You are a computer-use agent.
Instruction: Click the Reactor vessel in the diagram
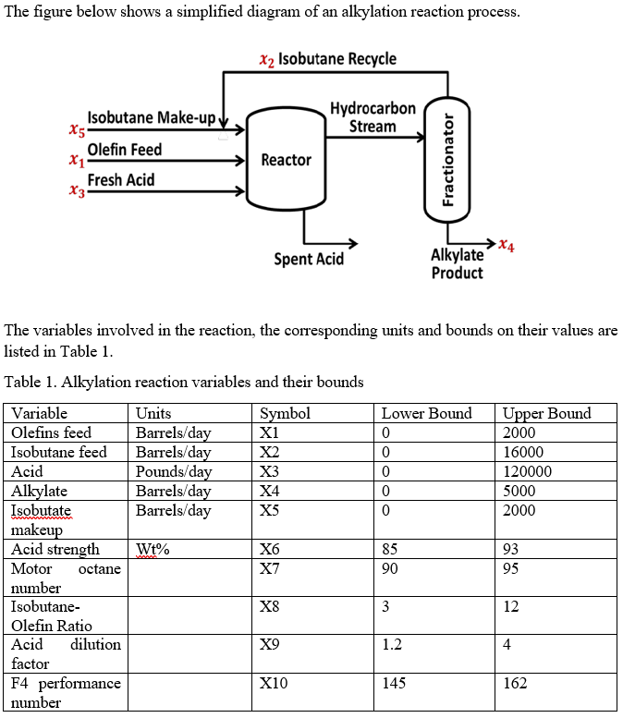pos(286,160)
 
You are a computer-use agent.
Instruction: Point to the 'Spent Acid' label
pos(308,260)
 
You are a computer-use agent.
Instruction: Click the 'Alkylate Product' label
pos(457,263)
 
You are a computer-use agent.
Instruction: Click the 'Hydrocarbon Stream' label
pos(373,117)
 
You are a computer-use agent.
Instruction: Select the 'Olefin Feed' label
pos(124,150)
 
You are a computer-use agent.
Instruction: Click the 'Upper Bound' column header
pos(546,413)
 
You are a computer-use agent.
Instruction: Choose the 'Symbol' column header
pos(285,413)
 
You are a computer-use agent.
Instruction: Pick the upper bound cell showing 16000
pos(523,452)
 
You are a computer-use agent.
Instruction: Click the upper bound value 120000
pos(527,471)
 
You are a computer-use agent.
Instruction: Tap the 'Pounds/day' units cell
pos(173,471)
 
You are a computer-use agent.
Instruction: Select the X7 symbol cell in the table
pos(270,568)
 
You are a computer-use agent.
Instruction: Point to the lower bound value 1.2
pos(392,644)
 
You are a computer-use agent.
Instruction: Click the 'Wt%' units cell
pos(153,549)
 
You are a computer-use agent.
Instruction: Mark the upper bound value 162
pos(515,683)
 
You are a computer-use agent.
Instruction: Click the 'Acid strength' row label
pos(55,549)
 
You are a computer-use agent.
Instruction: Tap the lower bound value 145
pos(393,683)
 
